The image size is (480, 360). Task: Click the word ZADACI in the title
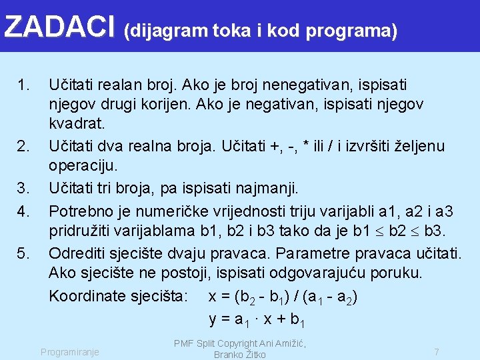click(59, 27)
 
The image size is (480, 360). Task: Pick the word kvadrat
click(75, 124)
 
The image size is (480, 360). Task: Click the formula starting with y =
click(257, 319)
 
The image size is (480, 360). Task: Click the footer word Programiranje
click(70, 351)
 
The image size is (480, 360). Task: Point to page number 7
click(436, 351)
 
